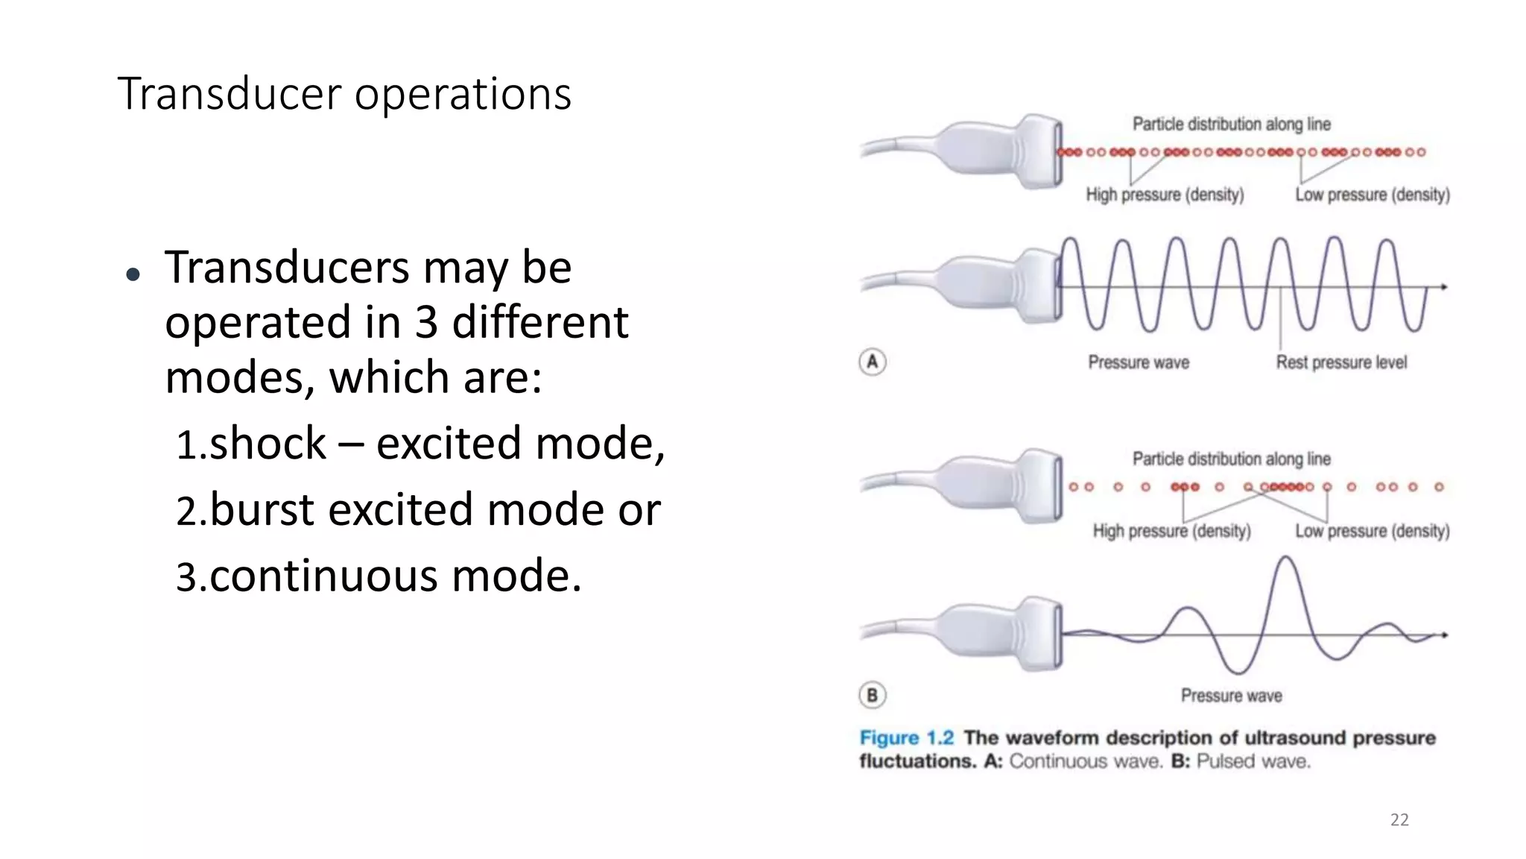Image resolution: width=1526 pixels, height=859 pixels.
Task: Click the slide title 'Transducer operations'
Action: pos(344,94)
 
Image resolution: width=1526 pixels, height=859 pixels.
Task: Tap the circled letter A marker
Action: pos(873,362)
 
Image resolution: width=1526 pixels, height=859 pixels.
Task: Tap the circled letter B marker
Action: pos(873,696)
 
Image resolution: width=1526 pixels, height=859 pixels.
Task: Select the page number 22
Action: pos(1399,820)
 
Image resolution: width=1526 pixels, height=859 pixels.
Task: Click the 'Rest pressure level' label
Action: pos(1341,362)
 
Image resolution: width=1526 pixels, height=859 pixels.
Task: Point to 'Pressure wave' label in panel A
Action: pos(1139,362)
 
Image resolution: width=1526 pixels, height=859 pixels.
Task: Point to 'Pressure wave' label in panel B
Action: pos(1231,696)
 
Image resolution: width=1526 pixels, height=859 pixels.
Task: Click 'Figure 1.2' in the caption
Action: pos(906,738)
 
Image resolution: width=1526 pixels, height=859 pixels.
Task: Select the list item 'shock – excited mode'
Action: pos(420,444)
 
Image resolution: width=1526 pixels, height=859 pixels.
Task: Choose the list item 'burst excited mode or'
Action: pos(418,510)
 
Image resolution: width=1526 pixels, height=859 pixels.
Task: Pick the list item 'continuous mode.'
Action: pos(379,576)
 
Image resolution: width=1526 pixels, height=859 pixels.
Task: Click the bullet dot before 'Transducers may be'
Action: pos(133,275)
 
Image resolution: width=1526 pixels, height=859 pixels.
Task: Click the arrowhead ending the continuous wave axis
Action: pos(1443,287)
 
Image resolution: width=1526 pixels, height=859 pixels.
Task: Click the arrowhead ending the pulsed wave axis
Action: pos(1443,635)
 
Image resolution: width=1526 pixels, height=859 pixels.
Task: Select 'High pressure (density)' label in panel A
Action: pos(1165,195)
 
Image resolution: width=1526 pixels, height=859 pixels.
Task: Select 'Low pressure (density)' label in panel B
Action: pos(1373,531)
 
